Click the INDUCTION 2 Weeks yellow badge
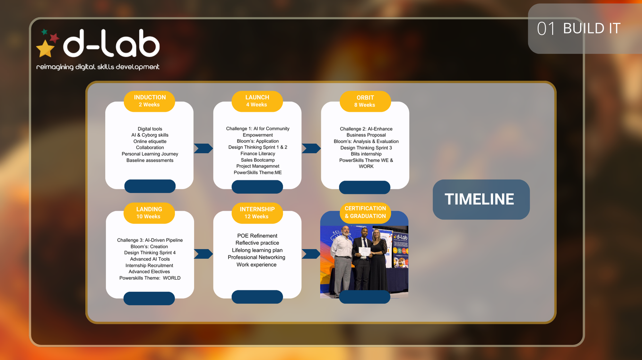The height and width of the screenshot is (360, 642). tap(149, 101)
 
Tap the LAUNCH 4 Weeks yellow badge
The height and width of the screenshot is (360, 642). tap(257, 101)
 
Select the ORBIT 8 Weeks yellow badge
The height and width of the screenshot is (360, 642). tap(365, 101)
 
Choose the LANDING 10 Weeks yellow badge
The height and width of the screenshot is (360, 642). tap(149, 213)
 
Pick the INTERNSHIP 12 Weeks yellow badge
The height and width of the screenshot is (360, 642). tap(257, 213)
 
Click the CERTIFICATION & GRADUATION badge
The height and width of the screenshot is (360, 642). tap(365, 212)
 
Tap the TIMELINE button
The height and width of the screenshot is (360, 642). tap(481, 199)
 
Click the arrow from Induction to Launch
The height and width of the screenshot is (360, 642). tap(204, 148)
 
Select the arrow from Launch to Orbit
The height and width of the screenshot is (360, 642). tap(311, 148)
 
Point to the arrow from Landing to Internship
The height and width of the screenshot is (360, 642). tap(204, 254)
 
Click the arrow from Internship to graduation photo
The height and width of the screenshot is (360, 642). tap(311, 254)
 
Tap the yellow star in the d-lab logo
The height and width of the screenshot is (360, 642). tap(45, 48)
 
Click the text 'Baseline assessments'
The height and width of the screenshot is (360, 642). tap(150, 160)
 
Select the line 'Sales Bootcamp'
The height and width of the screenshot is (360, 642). tap(258, 160)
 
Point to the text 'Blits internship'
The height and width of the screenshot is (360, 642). tap(366, 154)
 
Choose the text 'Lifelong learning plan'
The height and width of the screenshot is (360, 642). tap(257, 250)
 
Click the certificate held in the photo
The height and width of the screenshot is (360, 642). tap(364, 252)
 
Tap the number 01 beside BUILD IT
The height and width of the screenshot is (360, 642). tap(546, 29)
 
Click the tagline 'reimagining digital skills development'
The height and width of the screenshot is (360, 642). tap(98, 67)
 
